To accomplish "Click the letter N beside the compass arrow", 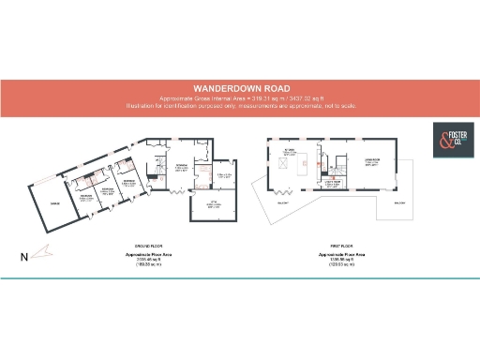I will (23, 255).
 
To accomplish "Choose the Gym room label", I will (212, 203).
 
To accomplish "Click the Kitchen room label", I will (290, 148).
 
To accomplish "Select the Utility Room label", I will (331, 183).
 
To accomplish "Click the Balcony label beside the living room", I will (400, 202).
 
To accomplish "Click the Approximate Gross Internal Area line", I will (239, 98).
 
